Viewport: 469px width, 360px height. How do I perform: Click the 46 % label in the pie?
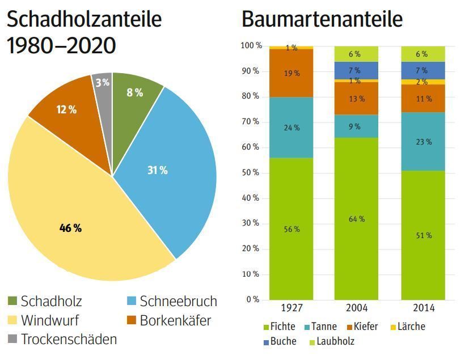pyautogui.click(x=70, y=228)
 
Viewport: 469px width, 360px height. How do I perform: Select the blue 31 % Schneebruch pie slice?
pyautogui.click(x=170, y=170)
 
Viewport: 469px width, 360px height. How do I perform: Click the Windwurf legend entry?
pyautogui.click(x=50, y=320)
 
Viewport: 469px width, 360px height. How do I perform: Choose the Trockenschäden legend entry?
pyautogui.click(x=69, y=340)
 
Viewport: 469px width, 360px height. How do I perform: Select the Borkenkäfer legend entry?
pyautogui.click(x=175, y=320)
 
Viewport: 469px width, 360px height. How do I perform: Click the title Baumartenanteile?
pyautogui.click(x=322, y=19)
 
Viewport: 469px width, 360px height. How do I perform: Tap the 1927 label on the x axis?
pyautogui.click(x=291, y=308)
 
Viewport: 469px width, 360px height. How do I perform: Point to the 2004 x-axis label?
pyautogui.click(x=357, y=308)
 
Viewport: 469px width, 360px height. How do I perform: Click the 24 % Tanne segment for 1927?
pyautogui.click(x=291, y=128)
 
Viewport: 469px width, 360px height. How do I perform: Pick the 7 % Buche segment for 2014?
pyautogui.click(x=422, y=70)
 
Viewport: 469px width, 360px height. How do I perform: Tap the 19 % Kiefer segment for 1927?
pyautogui.click(x=291, y=73)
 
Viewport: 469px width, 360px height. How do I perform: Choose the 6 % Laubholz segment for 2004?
pyautogui.click(x=356, y=54)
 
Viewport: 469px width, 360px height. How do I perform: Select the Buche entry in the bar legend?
pyautogui.click(x=281, y=341)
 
